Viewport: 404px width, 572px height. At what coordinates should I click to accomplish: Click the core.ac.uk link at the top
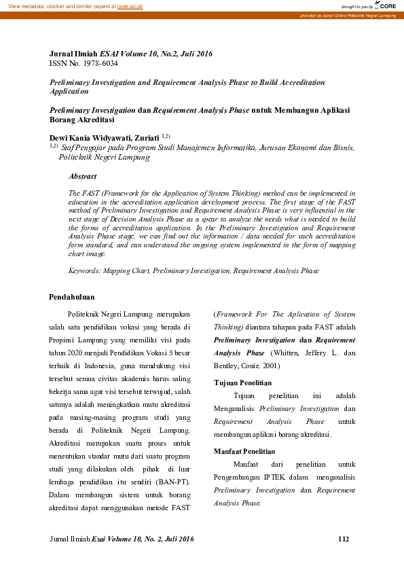[130, 5]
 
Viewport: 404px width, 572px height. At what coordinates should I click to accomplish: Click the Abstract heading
[82, 176]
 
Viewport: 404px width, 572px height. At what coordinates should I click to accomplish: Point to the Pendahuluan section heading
[72, 297]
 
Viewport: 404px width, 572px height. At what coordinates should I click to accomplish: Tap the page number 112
[343, 539]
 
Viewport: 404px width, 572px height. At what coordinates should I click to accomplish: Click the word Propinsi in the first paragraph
[66, 340]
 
